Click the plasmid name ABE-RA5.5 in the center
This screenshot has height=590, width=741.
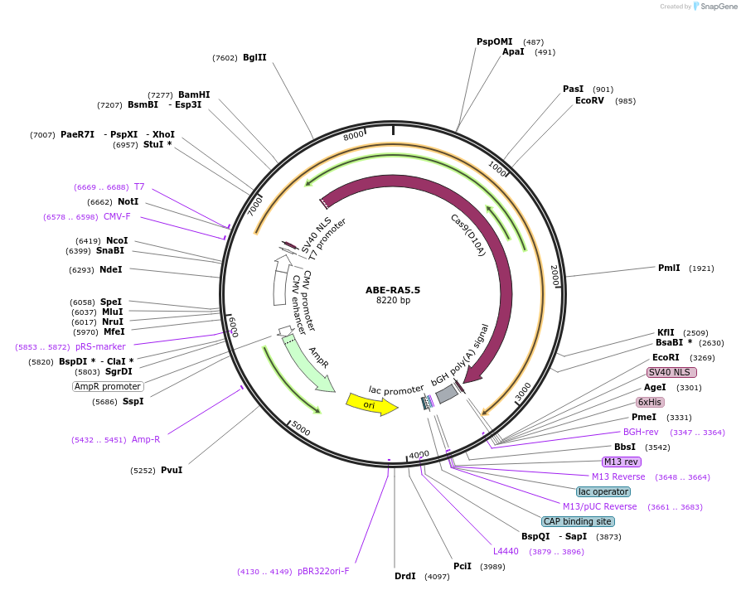click(x=393, y=290)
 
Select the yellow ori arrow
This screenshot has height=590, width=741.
click(x=370, y=404)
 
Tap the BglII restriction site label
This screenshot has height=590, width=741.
click(x=254, y=58)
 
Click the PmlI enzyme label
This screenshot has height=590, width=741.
click(x=669, y=268)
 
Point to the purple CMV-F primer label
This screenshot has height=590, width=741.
click(x=117, y=217)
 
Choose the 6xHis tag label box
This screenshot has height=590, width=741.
click(x=650, y=402)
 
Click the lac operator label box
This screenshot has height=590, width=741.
click(x=603, y=491)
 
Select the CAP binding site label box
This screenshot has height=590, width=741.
click(x=578, y=521)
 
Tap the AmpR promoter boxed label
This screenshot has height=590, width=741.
click(x=108, y=386)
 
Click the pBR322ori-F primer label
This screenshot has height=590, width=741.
click(x=323, y=571)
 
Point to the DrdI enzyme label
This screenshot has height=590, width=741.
click(x=405, y=576)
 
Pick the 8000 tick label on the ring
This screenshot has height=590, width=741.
click(x=354, y=135)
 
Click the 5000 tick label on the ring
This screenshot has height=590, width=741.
click(x=300, y=428)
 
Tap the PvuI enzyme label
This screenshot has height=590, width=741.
click(x=172, y=470)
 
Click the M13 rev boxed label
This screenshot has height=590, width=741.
click(x=622, y=462)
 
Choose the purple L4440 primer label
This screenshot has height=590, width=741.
click(x=506, y=551)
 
